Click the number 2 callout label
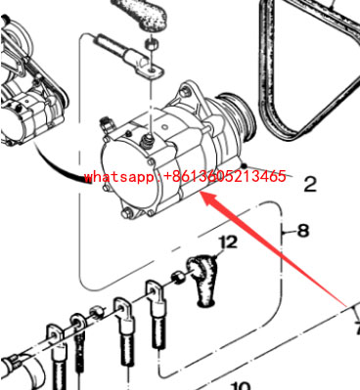point(311,183)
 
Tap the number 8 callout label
point(302,232)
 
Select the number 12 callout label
point(228,240)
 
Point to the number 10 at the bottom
point(241,384)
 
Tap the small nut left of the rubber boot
point(181,276)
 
